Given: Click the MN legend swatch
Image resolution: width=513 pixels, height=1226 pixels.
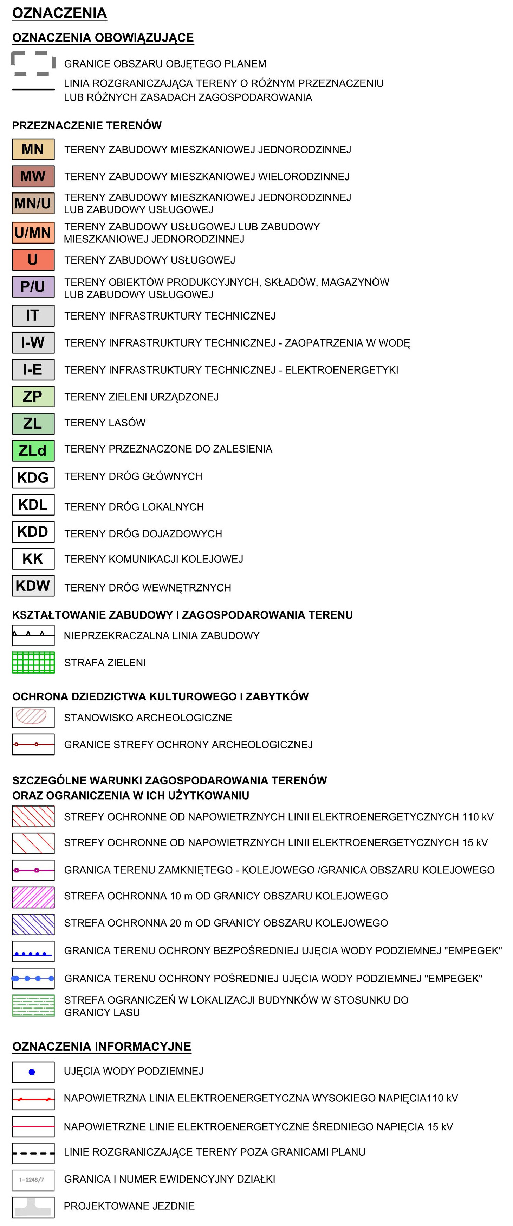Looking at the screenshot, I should pos(33,150).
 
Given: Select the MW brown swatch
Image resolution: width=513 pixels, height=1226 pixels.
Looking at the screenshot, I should pos(33,176).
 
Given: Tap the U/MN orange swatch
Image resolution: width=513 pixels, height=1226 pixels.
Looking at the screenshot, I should pos(33,232).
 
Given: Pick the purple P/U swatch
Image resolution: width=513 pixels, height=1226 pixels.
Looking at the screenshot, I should pos(33,286).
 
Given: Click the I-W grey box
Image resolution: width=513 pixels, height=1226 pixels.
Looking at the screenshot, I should pos(33,342).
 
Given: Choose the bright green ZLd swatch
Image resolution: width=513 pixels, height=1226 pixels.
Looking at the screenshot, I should pos(33,450).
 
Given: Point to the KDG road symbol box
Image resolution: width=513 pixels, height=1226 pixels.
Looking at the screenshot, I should pos(33,478).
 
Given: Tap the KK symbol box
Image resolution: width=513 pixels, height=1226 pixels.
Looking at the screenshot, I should pos(33,559).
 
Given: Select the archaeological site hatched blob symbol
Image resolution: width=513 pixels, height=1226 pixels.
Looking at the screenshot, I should pos(31,716).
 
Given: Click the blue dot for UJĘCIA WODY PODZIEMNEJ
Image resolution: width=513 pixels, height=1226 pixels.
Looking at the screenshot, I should pos(32,1072).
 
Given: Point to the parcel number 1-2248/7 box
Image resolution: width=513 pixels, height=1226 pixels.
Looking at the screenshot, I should pos(33,1179).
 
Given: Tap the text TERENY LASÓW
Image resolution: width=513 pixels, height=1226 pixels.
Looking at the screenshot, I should pos(105,423).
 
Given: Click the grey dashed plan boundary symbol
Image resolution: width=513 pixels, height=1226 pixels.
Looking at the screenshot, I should pos(33,63).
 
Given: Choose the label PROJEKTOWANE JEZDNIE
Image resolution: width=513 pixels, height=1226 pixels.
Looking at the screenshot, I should pos(129,1206).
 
